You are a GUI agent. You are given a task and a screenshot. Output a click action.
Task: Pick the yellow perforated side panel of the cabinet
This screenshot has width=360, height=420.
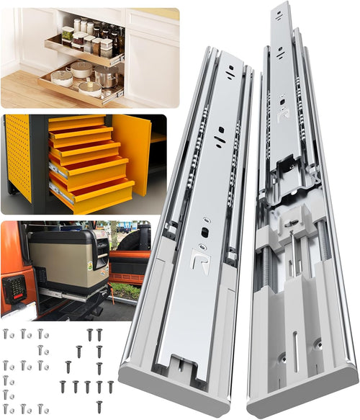18,155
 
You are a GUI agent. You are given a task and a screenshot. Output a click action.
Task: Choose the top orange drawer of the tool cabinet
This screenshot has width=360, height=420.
76,123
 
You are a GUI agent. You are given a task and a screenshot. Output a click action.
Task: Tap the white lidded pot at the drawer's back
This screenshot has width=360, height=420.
81,69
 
